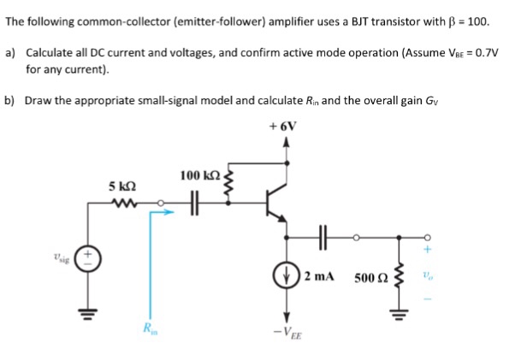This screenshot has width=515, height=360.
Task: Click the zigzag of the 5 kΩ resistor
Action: (120, 204)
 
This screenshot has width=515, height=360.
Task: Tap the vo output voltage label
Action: (429, 278)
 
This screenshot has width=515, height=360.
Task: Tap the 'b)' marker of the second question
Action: (11, 100)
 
